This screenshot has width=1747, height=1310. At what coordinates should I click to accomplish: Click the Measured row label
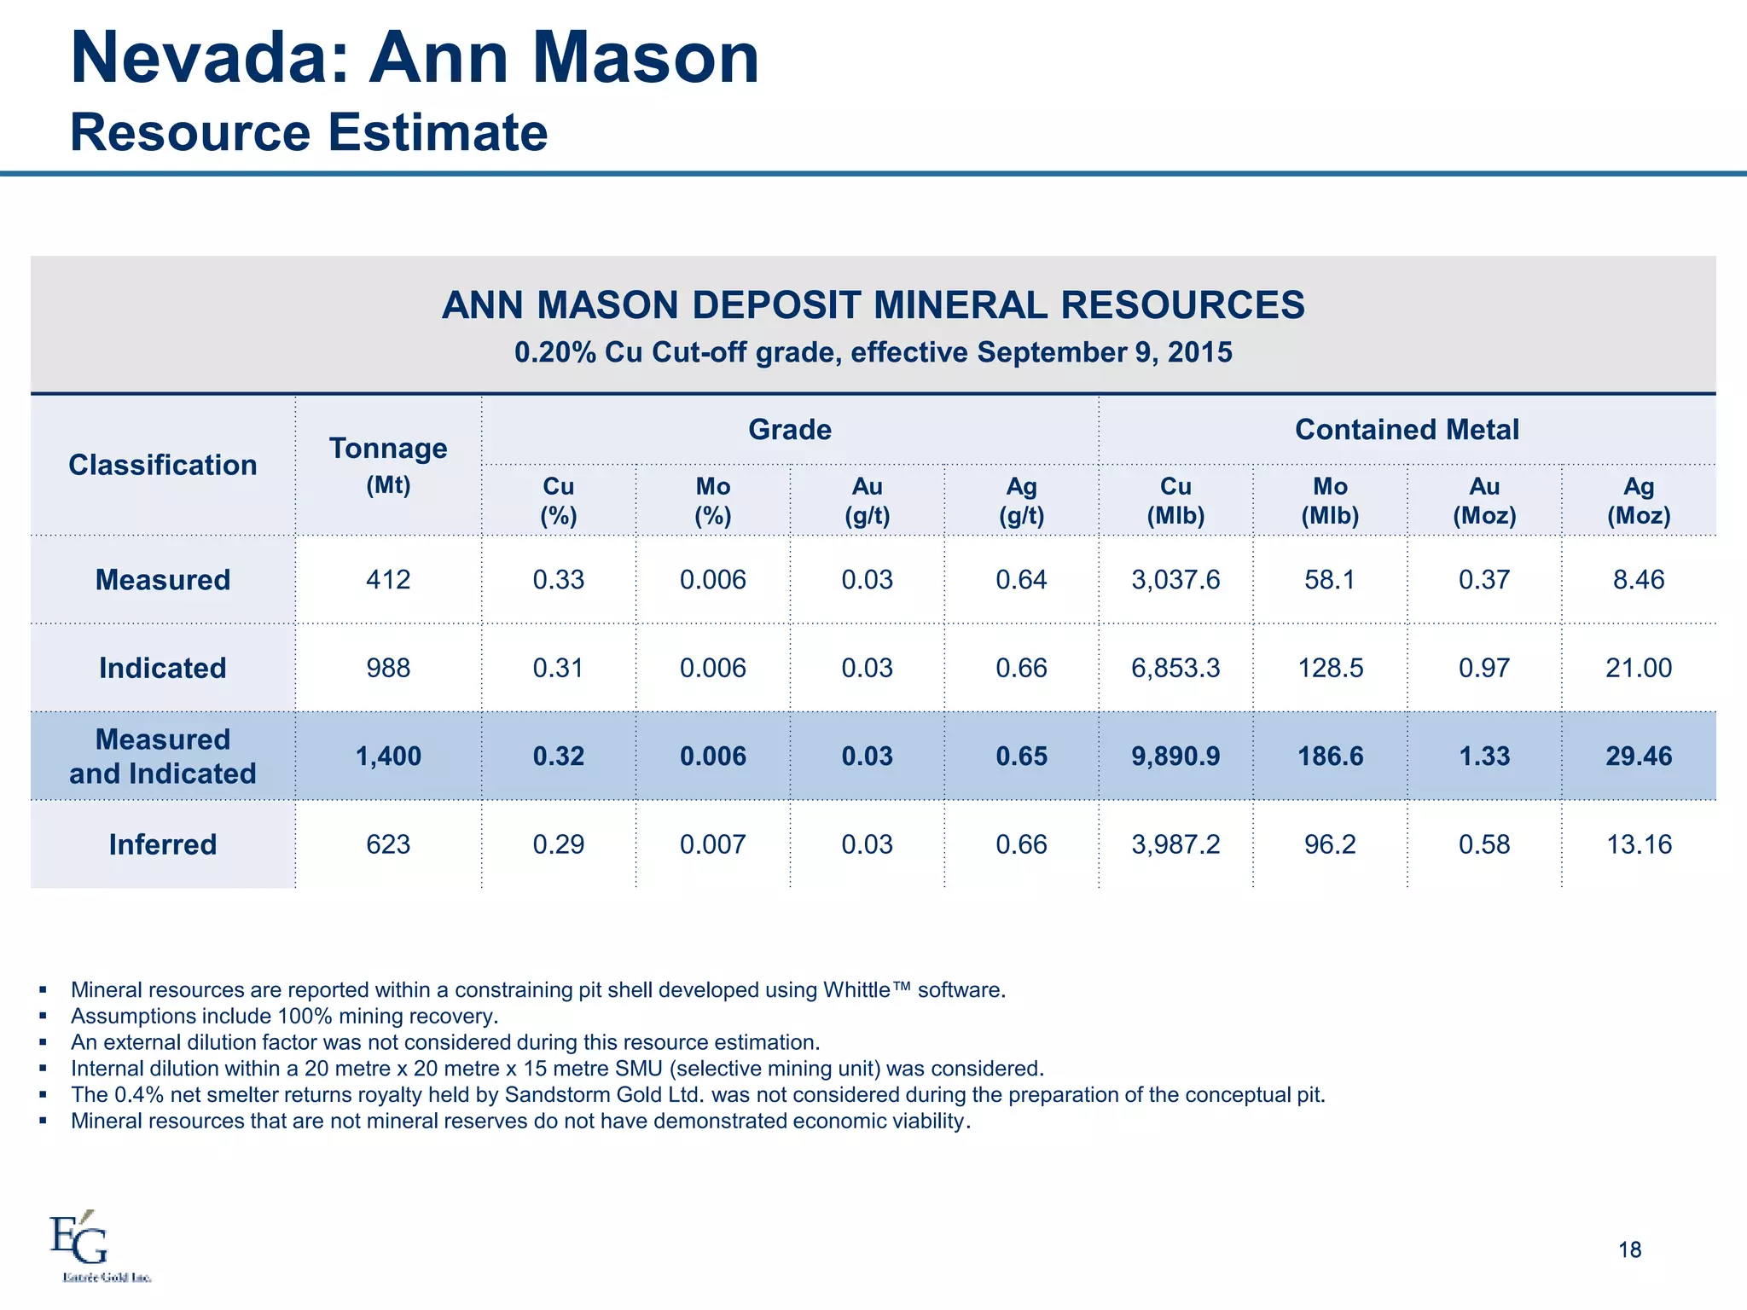(x=162, y=580)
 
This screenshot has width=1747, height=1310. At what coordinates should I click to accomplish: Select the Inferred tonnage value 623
(x=388, y=844)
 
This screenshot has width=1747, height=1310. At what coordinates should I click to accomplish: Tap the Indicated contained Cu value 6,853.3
(x=1175, y=668)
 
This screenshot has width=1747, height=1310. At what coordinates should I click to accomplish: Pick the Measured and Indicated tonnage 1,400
(x=388, y=756)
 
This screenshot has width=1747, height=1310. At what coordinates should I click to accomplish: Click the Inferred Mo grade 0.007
(x=712, y=844)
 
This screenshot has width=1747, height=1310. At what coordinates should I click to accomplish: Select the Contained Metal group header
(x=1407, y=430)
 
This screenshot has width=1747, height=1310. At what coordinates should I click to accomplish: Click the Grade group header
(x=789, y=430)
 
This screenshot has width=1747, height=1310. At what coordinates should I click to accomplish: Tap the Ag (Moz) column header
(x=1638, y=501)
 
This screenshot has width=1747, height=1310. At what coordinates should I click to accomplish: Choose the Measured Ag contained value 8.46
(x=1638, y=580)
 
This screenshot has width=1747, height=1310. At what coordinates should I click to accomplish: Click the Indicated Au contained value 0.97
(x=1483, y=668)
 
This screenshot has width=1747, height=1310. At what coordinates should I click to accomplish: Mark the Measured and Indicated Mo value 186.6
(x=1330, y=756)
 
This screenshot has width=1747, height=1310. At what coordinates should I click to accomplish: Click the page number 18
(x=1629, y=1250)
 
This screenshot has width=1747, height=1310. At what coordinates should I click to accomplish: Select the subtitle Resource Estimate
(x=308, y=133)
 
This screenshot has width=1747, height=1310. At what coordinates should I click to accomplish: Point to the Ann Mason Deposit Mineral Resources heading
(x=873, y=305)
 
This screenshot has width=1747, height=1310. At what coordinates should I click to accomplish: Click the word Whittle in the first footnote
(x=856, y=990)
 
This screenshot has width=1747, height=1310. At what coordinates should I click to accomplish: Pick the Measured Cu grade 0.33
(x=558, y=580)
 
